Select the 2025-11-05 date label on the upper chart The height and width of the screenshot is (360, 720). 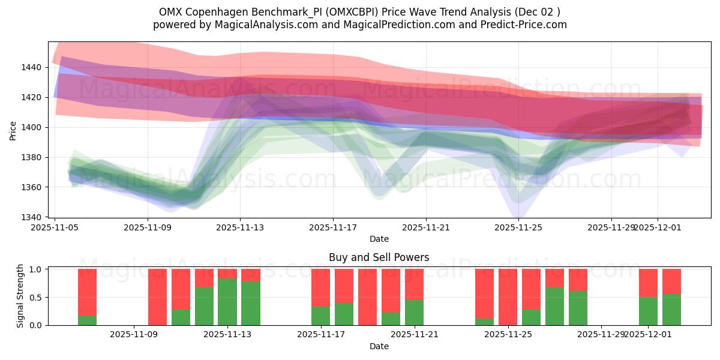click(x=55, y=227)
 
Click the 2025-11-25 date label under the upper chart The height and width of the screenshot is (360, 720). click(x=519, y=227)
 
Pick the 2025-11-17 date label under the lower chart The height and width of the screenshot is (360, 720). click(x=321, y=335)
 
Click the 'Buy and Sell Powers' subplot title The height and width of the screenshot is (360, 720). click(x=379, y=257)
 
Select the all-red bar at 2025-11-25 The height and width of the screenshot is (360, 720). click(x=508, y=297)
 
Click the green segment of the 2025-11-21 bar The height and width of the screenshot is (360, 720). click(x=414, y=312)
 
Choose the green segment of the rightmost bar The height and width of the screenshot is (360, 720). click(x=671, y=310)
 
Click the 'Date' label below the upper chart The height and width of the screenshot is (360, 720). click(x=379, y=239)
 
